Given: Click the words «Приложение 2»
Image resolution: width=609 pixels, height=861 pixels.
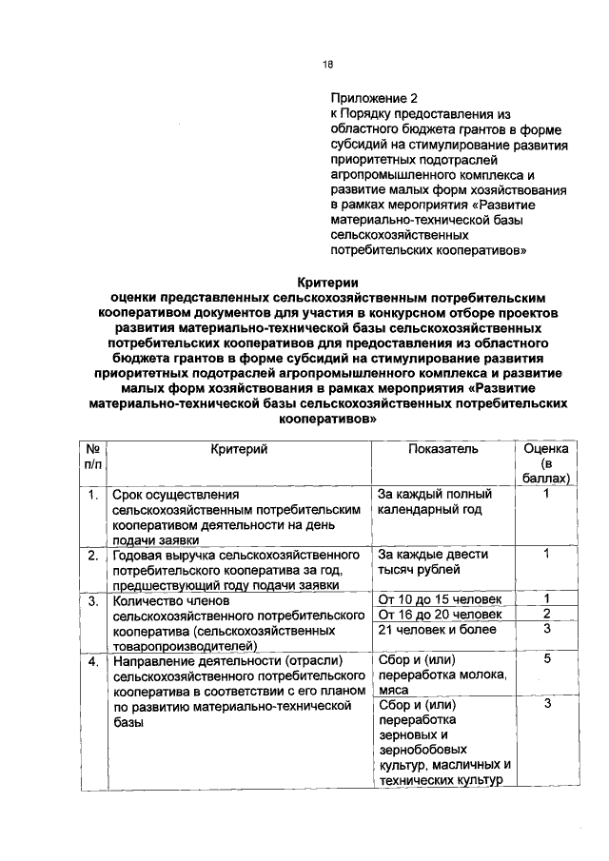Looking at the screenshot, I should [374, 98].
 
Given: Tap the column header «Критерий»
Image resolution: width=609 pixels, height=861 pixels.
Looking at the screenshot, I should [240, 448].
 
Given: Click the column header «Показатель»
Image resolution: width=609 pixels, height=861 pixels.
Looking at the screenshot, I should [442, 448].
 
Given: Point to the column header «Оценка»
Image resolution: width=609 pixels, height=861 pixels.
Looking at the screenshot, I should [546, 448].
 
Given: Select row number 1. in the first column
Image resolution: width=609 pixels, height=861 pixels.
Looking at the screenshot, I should [93, 495].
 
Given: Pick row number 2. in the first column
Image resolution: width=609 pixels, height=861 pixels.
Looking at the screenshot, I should [93, 554].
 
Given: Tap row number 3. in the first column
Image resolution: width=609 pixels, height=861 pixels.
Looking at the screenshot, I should [93, 601].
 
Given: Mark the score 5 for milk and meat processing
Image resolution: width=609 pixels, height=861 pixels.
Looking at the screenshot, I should [547, 658].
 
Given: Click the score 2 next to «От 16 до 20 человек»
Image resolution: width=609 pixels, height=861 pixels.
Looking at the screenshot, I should [547, 614].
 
